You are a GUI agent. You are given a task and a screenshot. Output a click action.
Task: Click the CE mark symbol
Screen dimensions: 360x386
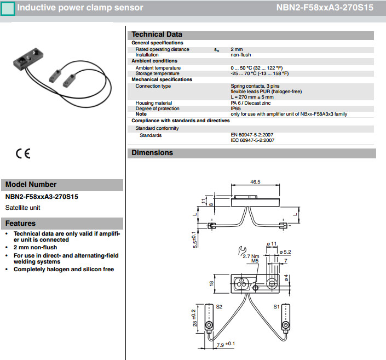23,154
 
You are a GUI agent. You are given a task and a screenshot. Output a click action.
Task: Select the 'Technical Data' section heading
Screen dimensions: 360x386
157,35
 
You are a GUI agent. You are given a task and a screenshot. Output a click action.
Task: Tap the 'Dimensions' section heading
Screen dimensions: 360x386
152,153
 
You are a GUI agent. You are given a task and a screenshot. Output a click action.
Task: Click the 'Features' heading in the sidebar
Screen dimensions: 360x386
20,223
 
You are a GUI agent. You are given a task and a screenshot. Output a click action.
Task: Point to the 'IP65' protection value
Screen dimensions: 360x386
236,108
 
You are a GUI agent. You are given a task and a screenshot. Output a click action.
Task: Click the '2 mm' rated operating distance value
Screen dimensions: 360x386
237,49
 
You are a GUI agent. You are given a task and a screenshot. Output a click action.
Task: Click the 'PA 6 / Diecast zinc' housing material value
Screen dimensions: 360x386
250,103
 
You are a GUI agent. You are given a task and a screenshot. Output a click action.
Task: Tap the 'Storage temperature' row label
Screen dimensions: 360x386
157,73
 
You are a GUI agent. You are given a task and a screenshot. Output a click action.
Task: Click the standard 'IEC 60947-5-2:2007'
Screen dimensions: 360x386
252,140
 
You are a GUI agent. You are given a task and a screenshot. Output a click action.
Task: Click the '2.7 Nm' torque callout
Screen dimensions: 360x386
250,255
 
